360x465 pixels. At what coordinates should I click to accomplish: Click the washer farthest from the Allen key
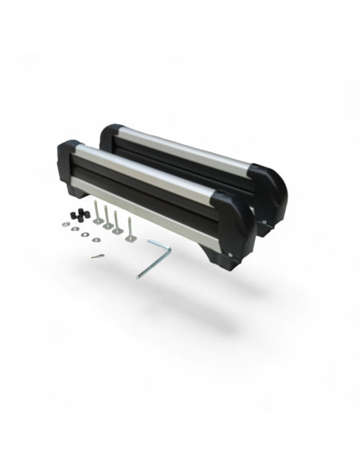click(x=66, y=225)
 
